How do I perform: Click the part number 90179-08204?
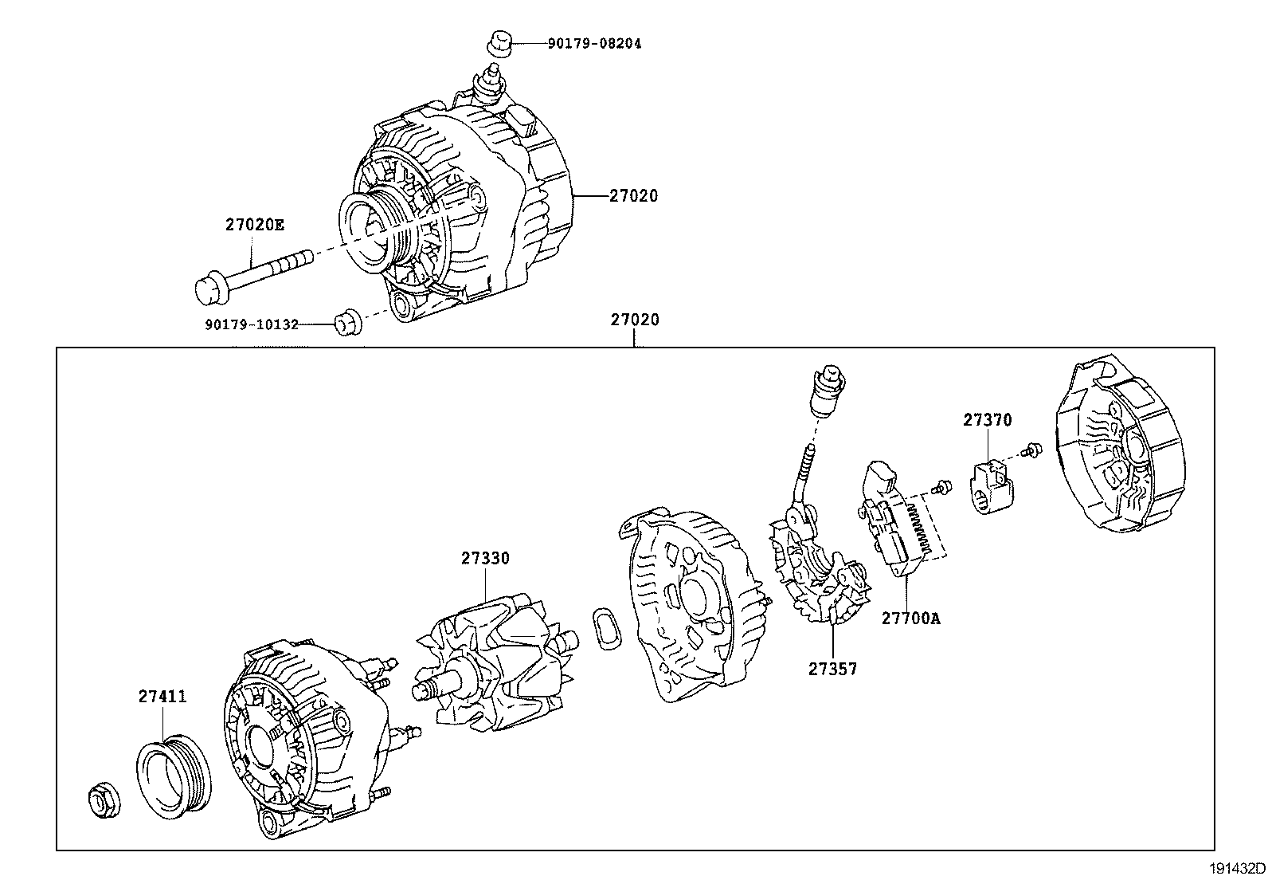coord(593,44)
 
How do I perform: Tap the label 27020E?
coord(254,225)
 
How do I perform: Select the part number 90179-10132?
coord(252,324)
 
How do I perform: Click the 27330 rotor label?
coord(484,558)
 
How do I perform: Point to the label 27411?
coord(162,696)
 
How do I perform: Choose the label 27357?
coord(832,669)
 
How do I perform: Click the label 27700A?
coord(910,618)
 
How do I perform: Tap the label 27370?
coord(987,420)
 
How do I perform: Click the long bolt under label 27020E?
coord(247,276)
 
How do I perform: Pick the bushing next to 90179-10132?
coord(345,321)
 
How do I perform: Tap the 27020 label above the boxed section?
coord(635,320)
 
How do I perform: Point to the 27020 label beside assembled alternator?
coord(634,195)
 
